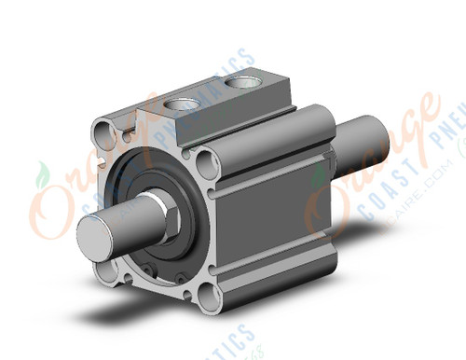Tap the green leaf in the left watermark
42,175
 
